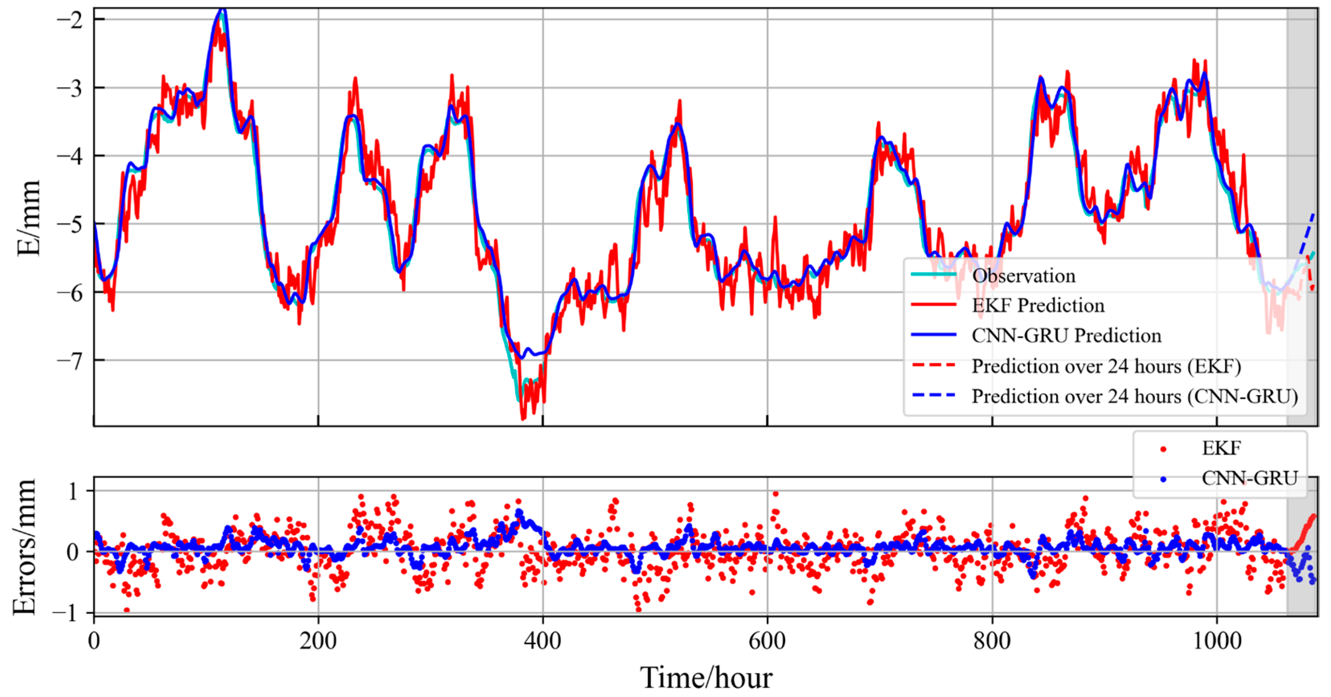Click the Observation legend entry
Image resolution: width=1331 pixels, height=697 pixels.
1023,276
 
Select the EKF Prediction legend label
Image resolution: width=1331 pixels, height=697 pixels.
1038,305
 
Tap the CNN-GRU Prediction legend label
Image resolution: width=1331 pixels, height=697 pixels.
1066,336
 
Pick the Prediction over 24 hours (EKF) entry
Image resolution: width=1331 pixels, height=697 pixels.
1106,366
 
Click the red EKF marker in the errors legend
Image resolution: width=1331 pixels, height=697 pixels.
1163,449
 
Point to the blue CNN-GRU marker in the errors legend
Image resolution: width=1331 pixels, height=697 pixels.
1163,479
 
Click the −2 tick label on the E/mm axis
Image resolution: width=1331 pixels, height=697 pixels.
69,20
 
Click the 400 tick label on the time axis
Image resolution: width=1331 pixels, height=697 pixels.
542,641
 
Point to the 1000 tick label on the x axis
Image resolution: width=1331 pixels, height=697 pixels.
1217,641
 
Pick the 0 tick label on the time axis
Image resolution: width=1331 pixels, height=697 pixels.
94,641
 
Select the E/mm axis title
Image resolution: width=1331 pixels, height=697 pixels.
29,218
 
